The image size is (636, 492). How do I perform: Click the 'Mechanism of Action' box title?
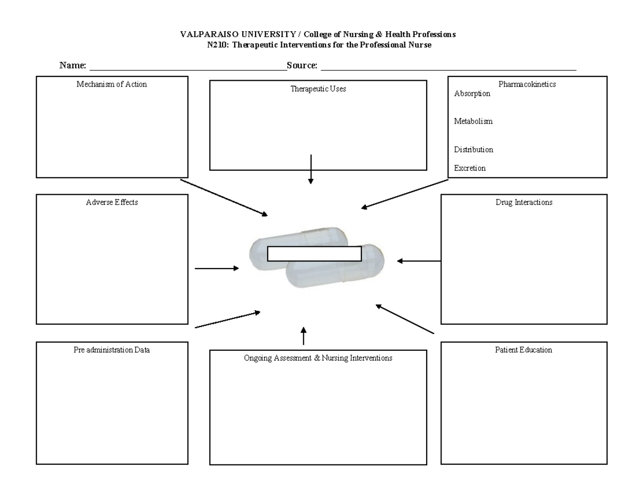pyautogui.click(x=112, y=84)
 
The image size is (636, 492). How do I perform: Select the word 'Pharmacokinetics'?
pyautogui.click(x=527, y=84)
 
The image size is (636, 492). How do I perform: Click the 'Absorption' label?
pyautogui.click(x=472, y=94)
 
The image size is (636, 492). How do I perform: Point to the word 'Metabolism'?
pyautogui.click(x=473, y=122)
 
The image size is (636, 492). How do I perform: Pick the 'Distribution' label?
pyautogui.click(x=473, y=150)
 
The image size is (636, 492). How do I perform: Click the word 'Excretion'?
pyautogui.click(x=470, y=168)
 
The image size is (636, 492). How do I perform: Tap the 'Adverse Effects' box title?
pyautogui.click(x=112, y=202)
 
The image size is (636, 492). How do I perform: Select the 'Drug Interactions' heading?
pyautogui.click(x=524, y=202)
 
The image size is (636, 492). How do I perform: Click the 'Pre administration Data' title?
pyautogui.click(x=112, y=350)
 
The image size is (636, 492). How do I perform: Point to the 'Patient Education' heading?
pyautogui.click(x=524, y=350)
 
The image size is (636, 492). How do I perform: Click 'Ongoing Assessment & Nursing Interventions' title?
pyautogui.click(x=318, y=358)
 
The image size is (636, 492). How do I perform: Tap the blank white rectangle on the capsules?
pyautogui.click(x=314, y=254)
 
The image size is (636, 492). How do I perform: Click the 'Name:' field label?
pyautogui.click(x=73, y=66)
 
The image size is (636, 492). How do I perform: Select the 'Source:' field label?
pyautogui.click(x=302, y=66)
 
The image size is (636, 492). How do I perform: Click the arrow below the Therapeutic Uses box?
pyautogui.click(x=311, y=169)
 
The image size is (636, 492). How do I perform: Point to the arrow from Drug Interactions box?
pyautogui.click(x=419, y=261)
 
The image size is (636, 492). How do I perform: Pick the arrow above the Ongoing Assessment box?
pyautogui.click(x=303, y=336)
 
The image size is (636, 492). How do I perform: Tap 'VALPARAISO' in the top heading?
pyautogui.click(x=201, y=34)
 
